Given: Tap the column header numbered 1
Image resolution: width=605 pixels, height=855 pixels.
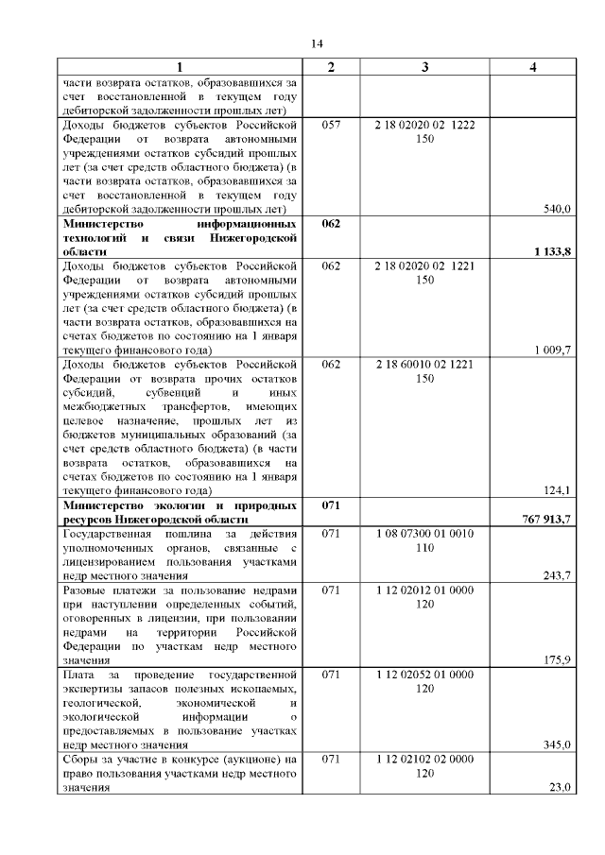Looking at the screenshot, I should point(180,66).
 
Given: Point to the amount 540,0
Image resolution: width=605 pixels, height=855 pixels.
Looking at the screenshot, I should point(556,209).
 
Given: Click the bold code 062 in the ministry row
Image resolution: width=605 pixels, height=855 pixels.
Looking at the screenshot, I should point(331,224).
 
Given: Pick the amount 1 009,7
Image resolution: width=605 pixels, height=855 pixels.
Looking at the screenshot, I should point(553,350).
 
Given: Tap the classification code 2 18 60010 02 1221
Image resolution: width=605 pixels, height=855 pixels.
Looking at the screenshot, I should point(424,364).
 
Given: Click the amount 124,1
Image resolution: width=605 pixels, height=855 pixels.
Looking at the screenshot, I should point(556,490).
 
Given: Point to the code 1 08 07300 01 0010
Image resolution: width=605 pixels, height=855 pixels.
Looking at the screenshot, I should point(424,534).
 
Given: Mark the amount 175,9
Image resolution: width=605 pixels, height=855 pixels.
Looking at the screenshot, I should point(556,660).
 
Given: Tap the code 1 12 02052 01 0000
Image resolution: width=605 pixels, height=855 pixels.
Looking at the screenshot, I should point(424,675).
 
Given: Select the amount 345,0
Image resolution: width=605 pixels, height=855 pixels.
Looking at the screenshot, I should point(556,745).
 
